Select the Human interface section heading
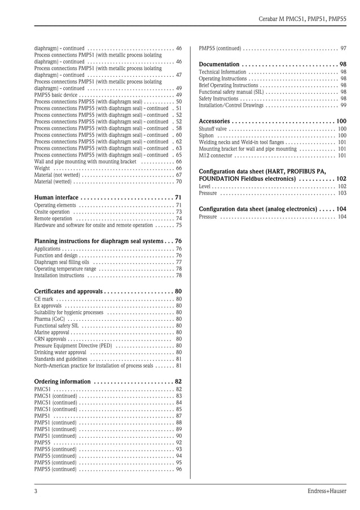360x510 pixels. tap(56, 197)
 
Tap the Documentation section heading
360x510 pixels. tap(219, 64)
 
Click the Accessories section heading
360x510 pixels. tap(214, 121)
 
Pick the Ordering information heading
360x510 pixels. tap(62, 381)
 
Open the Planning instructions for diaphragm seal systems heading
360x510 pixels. tap(99, 241)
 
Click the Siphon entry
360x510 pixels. tap(207, 136)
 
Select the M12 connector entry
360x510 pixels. tap(216, 156)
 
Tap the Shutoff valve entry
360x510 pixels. tap(213, 129)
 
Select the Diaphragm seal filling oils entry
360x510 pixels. tap(62, 262)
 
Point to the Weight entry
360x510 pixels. tap(42, 168)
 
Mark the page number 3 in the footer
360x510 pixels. tap(36, 491)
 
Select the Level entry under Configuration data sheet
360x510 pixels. tap(205, 186)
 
